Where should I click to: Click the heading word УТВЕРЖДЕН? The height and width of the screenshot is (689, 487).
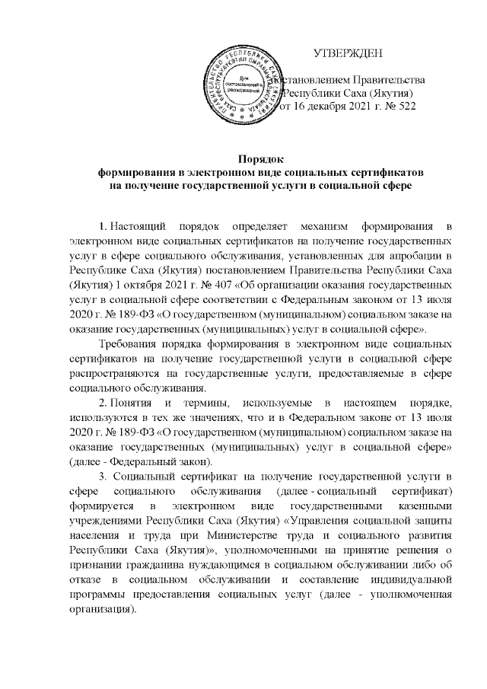click(x=352, y=53)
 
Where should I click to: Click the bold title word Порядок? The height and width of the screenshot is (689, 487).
click(x=262, y=158)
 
